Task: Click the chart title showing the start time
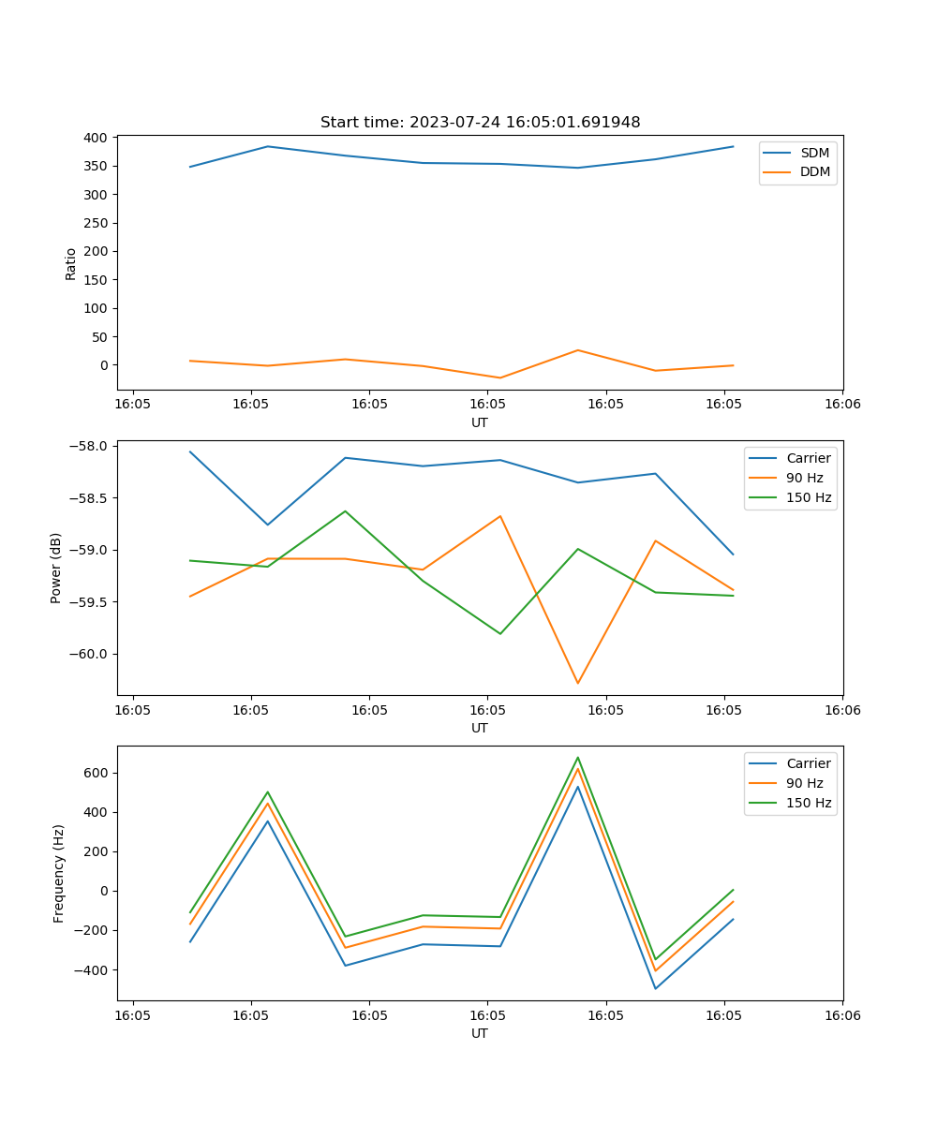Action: click(480, 123)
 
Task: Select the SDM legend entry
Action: click(814, 153)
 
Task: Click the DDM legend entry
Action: click(814, 171)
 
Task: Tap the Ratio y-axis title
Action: click(71, 263)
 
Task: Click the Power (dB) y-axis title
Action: click(56, 568)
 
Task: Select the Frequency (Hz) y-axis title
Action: click(59, 873)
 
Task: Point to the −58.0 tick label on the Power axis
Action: click(89, 446)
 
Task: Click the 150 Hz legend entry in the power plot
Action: click(809, 497)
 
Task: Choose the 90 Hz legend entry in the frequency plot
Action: click(804, 783)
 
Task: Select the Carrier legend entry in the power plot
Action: click(808, 458)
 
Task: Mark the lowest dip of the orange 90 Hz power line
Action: click(577, 683)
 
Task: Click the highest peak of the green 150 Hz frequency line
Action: click(577, 758)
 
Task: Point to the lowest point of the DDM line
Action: click(500, 377)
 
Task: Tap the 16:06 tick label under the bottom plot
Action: click(841, 1015)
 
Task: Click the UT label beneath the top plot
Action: click(480, 422)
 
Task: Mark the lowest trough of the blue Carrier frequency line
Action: click(655, 988)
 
